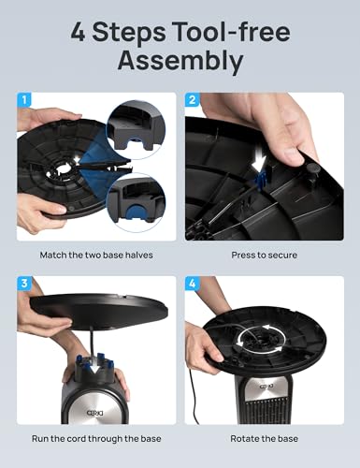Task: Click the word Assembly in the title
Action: click(180, 62)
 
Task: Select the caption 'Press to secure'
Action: click(264, 255)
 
